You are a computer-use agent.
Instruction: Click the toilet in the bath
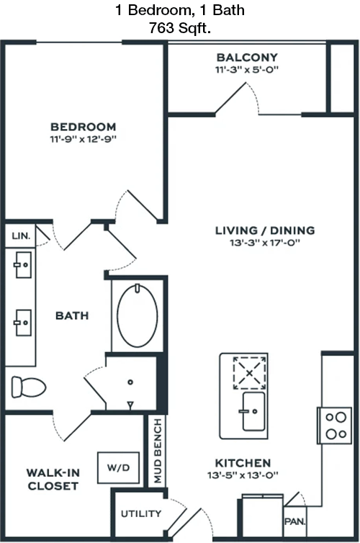pos(29,387)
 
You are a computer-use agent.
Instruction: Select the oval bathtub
pos(138,316)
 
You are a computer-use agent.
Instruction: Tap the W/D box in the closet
pos(118,467)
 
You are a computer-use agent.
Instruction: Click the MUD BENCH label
pos(158,451)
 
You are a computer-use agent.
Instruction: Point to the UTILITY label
pos(141,513)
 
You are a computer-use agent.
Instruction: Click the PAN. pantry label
pos(295,521)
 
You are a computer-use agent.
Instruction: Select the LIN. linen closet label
pos(21,235)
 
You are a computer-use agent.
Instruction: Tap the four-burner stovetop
pos(335,426)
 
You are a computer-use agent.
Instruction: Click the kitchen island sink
pos(253,411)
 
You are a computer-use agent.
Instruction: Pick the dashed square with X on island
pos(250,373)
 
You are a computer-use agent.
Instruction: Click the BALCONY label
pos(247,57)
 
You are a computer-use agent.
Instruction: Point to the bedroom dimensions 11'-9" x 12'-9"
pos(83,139)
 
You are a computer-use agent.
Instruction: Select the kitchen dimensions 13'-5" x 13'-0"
pos(243,475)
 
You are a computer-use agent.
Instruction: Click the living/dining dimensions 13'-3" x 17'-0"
pos(265,243)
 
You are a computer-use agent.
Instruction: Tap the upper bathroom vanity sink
pos(23,265)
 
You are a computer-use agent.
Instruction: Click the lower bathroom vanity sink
pos(23,323)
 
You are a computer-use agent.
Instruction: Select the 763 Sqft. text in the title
pos(180,27)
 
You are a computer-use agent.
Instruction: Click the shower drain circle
pos(130,382)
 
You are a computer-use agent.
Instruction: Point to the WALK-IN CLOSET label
pos(53,480)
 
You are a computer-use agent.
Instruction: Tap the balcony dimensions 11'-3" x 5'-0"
pos(247,69)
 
